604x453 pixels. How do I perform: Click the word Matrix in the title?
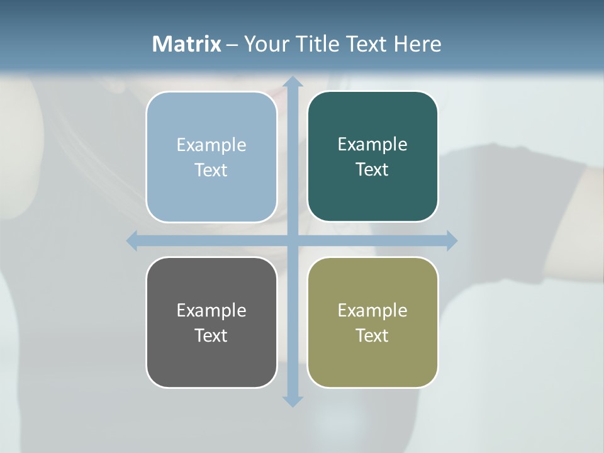(187, 44)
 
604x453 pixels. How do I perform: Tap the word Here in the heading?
(417, 44)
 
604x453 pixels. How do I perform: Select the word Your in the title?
(263, 44)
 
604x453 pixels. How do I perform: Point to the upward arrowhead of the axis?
(293, 81)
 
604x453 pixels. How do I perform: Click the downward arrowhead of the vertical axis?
(293, 401)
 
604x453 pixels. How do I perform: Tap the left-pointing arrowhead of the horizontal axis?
(132, 240)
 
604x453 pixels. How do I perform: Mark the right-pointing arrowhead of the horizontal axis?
(452, 240)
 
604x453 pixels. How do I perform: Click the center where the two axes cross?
(293, 240)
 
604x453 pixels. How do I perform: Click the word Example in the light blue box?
(211, 145)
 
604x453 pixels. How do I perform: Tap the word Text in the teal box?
(372, 169)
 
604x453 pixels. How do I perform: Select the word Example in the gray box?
(211, 310)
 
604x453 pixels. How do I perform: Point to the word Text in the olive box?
(372, 335)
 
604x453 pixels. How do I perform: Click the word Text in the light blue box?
(211, 170)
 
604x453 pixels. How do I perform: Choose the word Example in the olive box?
(372, 310)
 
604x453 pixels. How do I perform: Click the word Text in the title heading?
(367, 44)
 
